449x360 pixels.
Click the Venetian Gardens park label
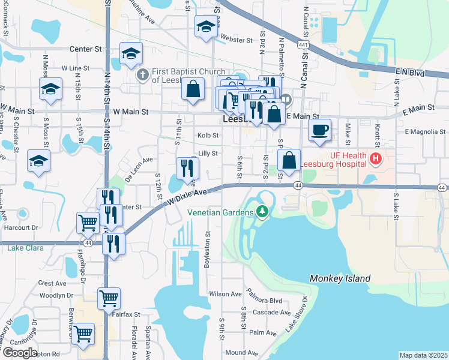tap(221, 211)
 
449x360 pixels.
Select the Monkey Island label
tap(340, 278)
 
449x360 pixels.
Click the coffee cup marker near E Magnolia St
tap(320, 129)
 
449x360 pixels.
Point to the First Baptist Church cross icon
tap(142, 74)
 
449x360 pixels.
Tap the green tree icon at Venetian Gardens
tap(262, 211)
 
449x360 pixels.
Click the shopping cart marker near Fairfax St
tap(109, 298)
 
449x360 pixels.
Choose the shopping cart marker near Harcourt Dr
tap(88, 223)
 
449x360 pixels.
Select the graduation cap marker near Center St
tap(131, 53)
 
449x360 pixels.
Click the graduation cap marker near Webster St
tap(205, 26)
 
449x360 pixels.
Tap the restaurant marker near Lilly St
tap(185, 168)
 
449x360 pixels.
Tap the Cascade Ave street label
tap(272, 312)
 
